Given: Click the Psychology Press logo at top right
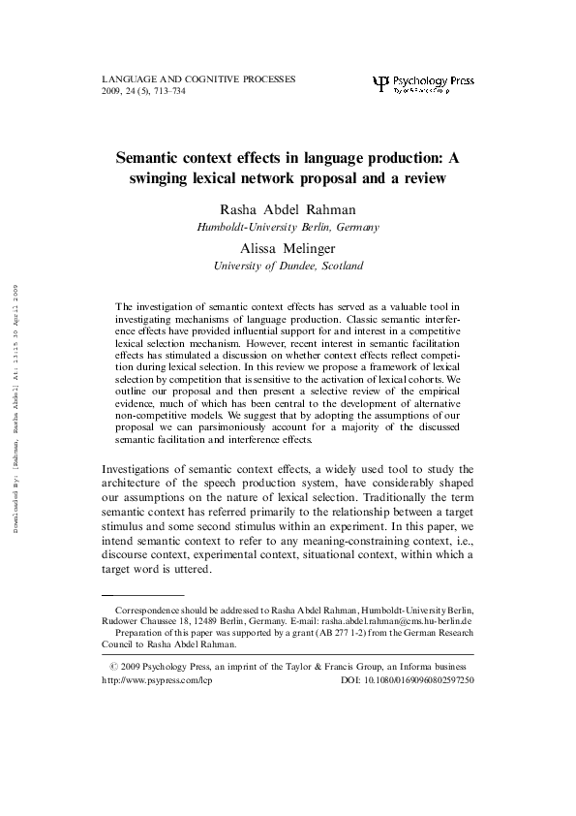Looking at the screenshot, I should coord(422,82).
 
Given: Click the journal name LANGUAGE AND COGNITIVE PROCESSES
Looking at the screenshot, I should coord(198,78).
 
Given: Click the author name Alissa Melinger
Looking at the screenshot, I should coord(288,247).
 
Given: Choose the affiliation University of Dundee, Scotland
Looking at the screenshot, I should coord(288,265).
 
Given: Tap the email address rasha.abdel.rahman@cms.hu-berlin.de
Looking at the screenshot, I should coord(399,620).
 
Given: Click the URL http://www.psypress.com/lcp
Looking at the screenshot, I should coord(156,680).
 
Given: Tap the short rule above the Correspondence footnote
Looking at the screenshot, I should coord(142,595).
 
